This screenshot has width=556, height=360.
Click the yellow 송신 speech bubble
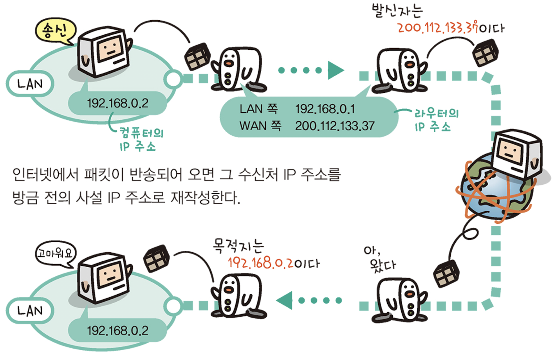click(55, 31)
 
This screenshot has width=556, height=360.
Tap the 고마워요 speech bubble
click(55, 254)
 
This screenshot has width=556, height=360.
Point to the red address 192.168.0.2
click(260, 263)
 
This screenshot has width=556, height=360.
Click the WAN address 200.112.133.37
click(335, 126)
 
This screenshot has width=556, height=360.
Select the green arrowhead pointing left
click(285, 301)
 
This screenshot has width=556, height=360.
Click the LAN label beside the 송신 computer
click(30, 84)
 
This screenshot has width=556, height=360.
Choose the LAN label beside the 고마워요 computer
click(30, 311)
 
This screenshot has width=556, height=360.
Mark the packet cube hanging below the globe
click(446, 273)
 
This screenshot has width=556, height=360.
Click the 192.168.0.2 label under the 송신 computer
click(117, 103)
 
